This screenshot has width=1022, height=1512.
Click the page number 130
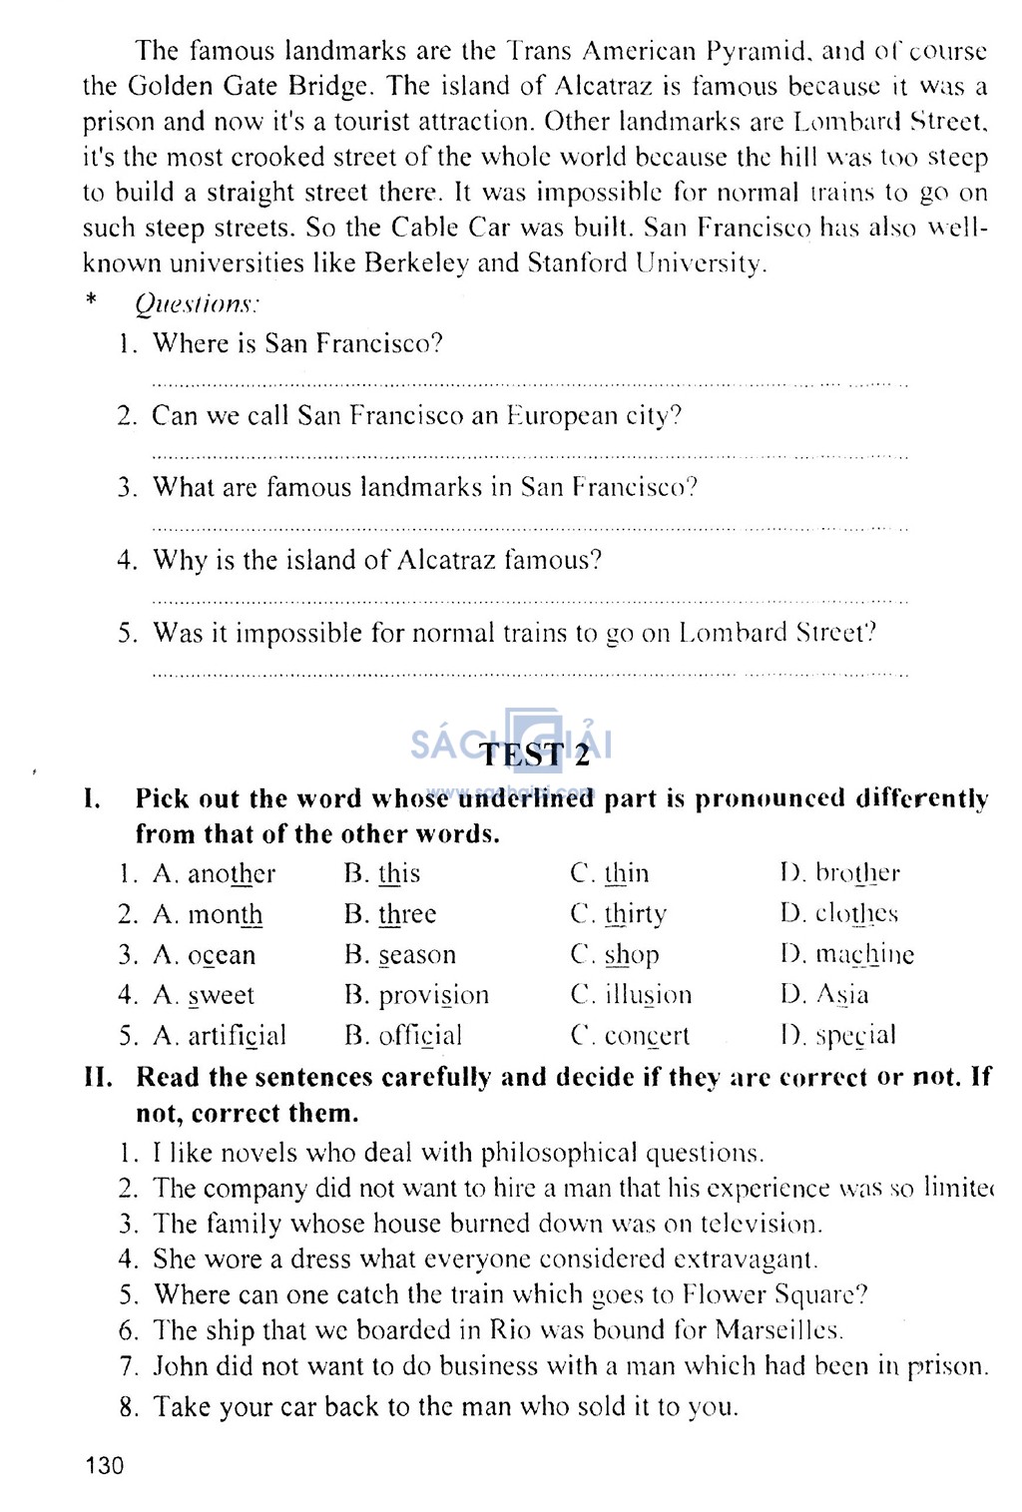pyautogui.click(x=105, y=1465)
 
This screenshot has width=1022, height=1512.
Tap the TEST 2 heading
pyautogui.click(x=535, y=755)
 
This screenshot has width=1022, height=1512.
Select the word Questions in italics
pyautogui.click(x=197, y=303)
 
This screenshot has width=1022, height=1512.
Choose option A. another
pyautogui.click(x=214, y=874)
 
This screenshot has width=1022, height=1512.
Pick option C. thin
pyautogui.click(x=610, y=874)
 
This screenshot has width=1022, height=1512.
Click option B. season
pyautogui.click(x=400, y=955)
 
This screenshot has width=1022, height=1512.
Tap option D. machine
pyautogui.click(x=847, y=955)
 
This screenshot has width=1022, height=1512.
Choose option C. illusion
pyautogui.click(x=631, y=995)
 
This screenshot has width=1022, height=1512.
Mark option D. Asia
pyautogui.click(x=825, y=995)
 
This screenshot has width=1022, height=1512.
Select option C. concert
pyautogui.click(x=630, y=1036)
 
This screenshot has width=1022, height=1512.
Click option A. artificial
pyautogui.click(x=220, y=1036)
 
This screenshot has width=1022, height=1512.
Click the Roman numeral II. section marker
pyautogui.click(x=98, y=1078)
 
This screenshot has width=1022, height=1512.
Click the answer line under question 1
pyautogui.click(x=529, y=383)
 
